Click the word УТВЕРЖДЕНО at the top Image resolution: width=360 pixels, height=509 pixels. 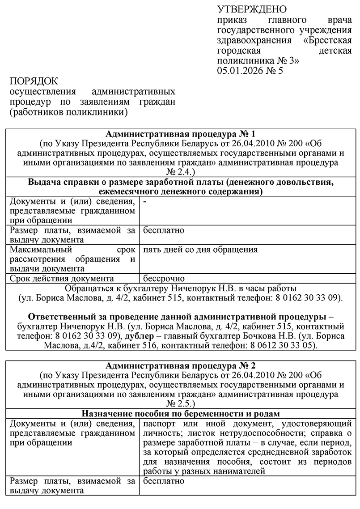[252, 9]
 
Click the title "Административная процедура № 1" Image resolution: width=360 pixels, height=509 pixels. [180, 134]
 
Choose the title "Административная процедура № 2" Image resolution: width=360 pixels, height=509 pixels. [180, 365]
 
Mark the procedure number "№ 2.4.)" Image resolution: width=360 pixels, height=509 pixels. [180, 171]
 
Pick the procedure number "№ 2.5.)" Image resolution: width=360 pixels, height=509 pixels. [180, 403]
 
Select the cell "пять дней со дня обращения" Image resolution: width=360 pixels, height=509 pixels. [200, 250]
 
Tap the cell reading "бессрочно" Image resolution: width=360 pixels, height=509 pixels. [164, 279]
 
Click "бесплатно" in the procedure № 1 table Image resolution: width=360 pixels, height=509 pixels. [164, 230]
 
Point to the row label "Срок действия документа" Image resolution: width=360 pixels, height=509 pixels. [63, 279]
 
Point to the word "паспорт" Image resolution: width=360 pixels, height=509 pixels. [159, 423]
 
